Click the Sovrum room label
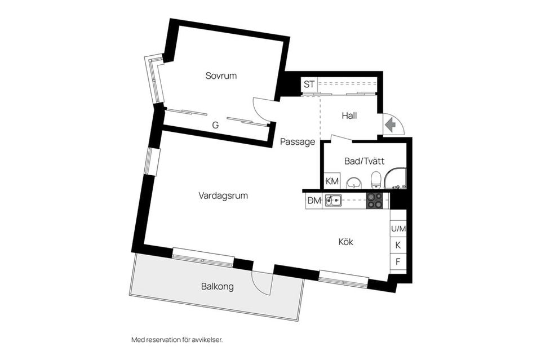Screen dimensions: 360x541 point(221,75)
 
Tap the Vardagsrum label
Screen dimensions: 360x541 point(223,195)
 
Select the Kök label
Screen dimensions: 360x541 point(345,242)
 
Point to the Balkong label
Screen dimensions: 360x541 point(217,286)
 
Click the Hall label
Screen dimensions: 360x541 point(349,115)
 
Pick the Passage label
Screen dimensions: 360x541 point(298,142)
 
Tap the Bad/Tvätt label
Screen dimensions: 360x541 point(364,161)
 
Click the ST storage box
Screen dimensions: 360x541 point(309,85)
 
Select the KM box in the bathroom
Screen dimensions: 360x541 point(332,181)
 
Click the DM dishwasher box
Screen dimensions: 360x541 point(314,200)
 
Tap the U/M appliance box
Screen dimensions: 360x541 point(398,229)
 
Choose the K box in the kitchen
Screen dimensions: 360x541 point(398,245)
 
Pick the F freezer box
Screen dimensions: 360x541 point(398,261)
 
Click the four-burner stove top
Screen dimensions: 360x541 point(375,200)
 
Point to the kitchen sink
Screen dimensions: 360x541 point(333,199)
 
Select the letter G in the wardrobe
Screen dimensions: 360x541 point(215,126)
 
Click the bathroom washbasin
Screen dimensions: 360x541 point(354,182)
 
